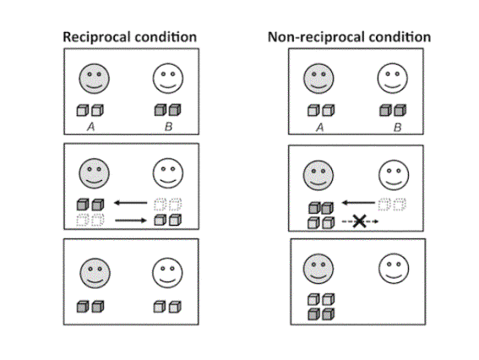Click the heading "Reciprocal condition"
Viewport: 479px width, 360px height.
click(x=129, y=37)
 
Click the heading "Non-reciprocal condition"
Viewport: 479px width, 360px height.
click(x=349, y=37)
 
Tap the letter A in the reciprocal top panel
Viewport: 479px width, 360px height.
click(x=90, y=127)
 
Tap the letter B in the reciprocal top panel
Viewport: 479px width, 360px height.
click(x=168, y=127)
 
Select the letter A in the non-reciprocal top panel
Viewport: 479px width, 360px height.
click(x=319, y=127)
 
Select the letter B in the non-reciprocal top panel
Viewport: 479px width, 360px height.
click(x=397, y=127)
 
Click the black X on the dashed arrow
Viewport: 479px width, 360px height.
click(x=359, y=221)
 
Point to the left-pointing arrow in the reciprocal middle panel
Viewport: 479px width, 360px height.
click(x=130, y=203)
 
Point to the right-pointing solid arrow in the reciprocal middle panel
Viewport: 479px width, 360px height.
click(x=131, y=221)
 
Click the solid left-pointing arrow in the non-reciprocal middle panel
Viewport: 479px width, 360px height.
click(x=358, y=203)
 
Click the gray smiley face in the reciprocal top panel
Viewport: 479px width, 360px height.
click(x=94, y=79)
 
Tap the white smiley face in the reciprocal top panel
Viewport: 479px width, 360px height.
click(x=168, y=79)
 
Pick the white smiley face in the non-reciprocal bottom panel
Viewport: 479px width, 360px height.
click(x=394, y=269)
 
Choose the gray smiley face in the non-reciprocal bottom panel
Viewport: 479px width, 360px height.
click(x=318, y=269)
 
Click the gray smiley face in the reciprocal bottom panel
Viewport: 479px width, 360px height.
click(x=95, y=273)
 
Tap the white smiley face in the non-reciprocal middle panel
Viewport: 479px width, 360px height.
click(x=394, y=175)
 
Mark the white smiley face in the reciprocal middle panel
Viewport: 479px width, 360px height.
click(x=168, y=173)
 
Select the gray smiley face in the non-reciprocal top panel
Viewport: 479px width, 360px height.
click(x=318, y=79)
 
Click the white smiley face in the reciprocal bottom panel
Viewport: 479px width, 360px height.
click(x=167, y=273)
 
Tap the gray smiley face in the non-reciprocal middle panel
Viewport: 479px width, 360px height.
click(x=318, y=175)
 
